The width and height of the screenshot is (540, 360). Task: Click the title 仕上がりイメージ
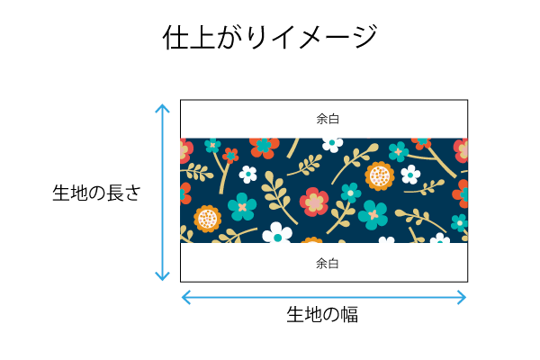(x=270, y=37)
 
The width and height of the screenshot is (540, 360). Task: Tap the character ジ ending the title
(x=365, y=36)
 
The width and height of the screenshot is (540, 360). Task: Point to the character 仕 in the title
(x=175, y=37)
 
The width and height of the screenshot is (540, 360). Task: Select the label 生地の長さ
(x=97, y=193)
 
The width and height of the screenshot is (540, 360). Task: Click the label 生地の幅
(x=322, y=314)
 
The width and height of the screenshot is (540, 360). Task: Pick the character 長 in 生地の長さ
(x=114, y=193)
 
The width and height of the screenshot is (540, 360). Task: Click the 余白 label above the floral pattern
(x=328, y=119)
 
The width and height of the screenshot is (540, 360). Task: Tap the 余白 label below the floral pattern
(x=328, y=264)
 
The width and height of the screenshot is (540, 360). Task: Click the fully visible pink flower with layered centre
(x=314, y=202)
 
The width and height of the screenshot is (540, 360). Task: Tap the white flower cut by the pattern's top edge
(x=332, y=145)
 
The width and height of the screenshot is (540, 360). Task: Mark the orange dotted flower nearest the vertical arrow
(x=207, y=219)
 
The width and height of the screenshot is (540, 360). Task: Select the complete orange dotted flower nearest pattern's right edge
(x=380, y=176)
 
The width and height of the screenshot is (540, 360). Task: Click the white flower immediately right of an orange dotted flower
(x=410, y=175)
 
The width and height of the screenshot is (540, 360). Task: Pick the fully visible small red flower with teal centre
(x=230, y=156)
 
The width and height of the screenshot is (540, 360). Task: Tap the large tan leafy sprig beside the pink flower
(x=278, y=197)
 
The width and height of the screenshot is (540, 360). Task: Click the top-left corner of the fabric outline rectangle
(x=181, y=100)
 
